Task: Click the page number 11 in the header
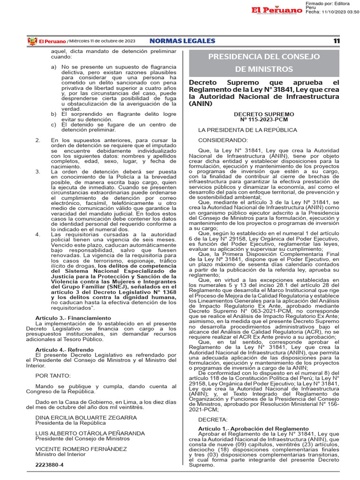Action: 336,41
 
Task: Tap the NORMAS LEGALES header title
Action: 182,41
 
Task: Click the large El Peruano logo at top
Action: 276,10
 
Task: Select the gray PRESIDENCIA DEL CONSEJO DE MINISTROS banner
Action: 264,63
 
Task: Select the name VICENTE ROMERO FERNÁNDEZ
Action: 81,449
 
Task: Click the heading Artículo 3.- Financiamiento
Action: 73,318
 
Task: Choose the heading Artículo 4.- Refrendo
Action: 65,350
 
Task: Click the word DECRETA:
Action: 213,420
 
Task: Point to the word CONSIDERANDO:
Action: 223,140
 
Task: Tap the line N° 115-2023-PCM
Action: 264,120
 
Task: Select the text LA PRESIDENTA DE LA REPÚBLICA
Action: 247,129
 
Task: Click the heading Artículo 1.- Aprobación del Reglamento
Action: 253,429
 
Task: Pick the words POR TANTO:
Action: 53,375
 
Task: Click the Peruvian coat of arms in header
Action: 32,41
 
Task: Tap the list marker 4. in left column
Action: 38,234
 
